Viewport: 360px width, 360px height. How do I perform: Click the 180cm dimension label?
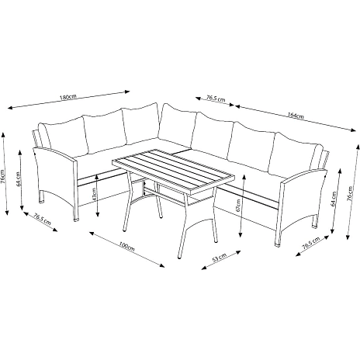[x=68, y=97]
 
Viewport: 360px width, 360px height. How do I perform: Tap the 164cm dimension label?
[x=296, y=116]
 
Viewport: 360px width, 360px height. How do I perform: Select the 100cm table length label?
[x=127, y=246]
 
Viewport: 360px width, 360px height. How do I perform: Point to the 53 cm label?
[x=219, y=258]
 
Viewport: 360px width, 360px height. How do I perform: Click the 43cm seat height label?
[x=94, y=195]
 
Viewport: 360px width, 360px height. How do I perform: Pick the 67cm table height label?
[x=238, y=205]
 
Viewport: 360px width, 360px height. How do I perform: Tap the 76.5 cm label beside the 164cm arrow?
[x=216, y=99]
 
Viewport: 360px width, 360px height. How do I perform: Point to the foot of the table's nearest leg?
[x=179, y=257]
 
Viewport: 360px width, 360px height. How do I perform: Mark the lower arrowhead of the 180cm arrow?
[x=11, y=108]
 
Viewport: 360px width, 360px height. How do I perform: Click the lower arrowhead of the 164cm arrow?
[x=353, y=130]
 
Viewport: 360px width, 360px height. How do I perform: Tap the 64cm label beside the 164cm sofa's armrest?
[x=334, y=199]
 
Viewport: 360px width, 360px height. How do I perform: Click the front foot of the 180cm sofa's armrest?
[x=75, y=220]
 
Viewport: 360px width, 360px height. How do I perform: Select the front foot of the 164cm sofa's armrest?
[x=277, y=244]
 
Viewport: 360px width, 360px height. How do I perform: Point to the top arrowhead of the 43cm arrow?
[x=97, y=176]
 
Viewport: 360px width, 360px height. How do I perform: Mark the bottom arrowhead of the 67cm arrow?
[x=241, y=234]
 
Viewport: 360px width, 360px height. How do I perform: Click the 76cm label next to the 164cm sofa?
[x=350, y=193]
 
